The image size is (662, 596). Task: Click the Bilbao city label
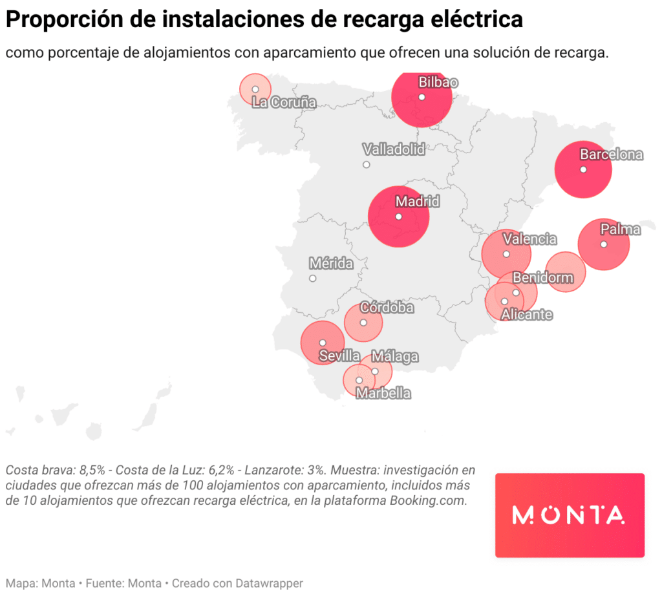[x=438, y=83]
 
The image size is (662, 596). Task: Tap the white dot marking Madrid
[x=399, y=217]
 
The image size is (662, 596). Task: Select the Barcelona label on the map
[x=611, y=154]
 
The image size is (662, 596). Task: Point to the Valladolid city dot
[x=367, y=165]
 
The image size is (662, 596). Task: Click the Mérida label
[x=331, y=264]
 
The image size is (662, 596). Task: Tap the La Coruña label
[x=284, y=102]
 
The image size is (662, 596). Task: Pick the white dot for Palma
[x=603, y=244]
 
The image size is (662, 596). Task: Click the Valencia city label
[x=529, y=239]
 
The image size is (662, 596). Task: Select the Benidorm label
[x=542, y=278]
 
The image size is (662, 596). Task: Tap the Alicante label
[x=527, y=315]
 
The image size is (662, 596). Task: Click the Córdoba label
[x=387, y=308]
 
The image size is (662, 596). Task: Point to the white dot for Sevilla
[x=323, y=343]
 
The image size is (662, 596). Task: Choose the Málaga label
[x=395, y=357]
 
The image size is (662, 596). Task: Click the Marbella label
[x=383, y=393]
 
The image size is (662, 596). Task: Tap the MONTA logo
[x=570, y=515]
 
